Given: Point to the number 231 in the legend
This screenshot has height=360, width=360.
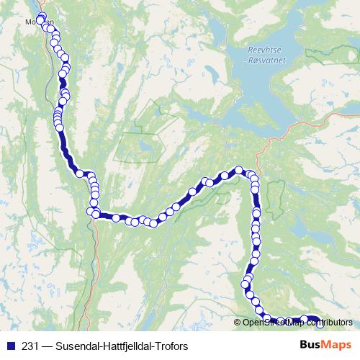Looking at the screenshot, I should point(31,346).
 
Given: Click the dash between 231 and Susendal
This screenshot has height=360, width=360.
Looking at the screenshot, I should point(47,346).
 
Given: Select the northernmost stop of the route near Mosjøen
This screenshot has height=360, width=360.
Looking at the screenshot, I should point(41,17).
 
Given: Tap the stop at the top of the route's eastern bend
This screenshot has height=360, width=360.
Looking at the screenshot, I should point(239,171).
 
